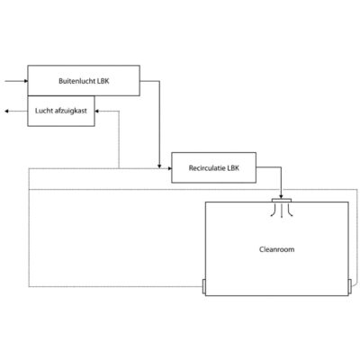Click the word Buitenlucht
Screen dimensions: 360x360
tap(77, 81)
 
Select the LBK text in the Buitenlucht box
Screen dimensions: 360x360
tap(103, 81)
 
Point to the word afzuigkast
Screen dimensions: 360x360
tap(71, 111)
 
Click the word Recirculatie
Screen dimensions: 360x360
tap(207, 168)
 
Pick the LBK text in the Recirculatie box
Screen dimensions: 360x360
tap(233, 168)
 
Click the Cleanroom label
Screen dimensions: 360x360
tap(276, 249)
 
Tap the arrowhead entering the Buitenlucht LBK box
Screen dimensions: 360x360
tap(26, 81)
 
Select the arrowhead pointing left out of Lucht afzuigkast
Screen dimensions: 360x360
tap(6, 112)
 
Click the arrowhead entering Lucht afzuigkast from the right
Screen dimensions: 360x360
tap(97, 112)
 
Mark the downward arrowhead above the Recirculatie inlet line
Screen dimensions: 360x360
tap(159, 166)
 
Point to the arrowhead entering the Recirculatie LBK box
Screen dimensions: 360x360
tap(170, 168)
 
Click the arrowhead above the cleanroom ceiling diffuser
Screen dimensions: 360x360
tap(282, 196)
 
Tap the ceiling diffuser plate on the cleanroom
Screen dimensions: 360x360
tap(282, 200)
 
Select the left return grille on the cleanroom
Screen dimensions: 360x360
tap(204, 286)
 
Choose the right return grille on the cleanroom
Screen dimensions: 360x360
tap(349, 286)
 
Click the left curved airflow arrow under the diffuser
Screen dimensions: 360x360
tap(274, 211)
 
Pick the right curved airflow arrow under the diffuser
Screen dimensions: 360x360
tap(289, 211)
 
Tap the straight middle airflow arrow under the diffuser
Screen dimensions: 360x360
tap(282, 211)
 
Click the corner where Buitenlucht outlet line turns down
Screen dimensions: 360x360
tap(159, 81)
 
